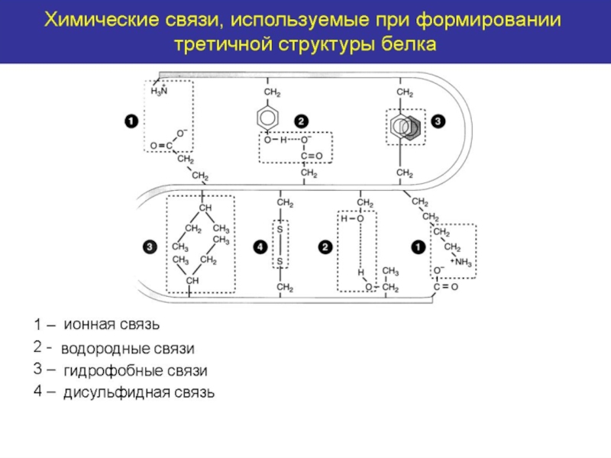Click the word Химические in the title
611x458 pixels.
click(x=102, y=20)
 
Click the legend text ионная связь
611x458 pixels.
click(x=112, y=324)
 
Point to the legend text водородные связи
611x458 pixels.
click(x=128, y=348)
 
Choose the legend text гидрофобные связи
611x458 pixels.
click(x=136, y=370)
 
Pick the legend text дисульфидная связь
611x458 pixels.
click(x=139, y=392)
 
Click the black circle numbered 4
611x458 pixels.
click(x=260, y=247)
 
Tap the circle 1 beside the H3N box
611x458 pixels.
click(x=131, y=121)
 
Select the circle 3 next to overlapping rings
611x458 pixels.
click(x=438, y=121)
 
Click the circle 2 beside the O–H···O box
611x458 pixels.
click(x=301, y=121)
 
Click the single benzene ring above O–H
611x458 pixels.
click(x=267, y=118)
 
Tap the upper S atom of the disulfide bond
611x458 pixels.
click(x=280, y=230)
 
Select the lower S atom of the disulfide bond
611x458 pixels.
click(x=280, y=261)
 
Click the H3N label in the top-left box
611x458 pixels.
click(x=159, y=90)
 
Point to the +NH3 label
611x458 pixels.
click(x=461, y=262)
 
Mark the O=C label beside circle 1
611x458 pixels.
click(x=161, y=146)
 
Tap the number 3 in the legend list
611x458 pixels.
click(x=37, y=369)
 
